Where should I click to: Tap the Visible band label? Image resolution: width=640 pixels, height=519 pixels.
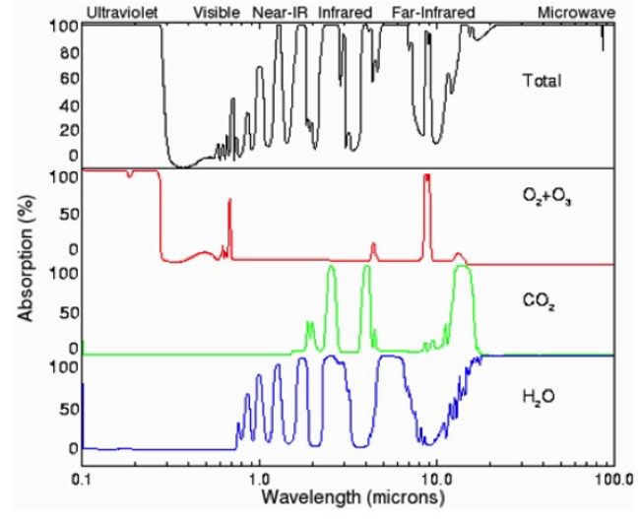[x=217, y=12]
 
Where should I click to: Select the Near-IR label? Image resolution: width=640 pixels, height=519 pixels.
[x=282, y=12]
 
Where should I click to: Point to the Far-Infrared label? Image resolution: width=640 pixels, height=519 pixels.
[x=432, y=12]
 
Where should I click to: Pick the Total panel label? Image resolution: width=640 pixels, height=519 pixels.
[x=543, y=81]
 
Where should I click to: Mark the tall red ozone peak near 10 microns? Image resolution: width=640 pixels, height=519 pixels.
[x=427, y=177]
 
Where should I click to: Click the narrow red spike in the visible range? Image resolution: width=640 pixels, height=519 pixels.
[x=229, y=202]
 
